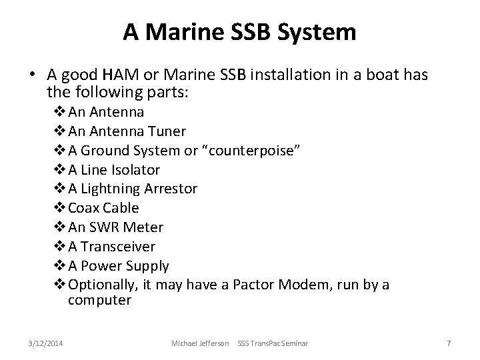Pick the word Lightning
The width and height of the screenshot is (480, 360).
(115, 189)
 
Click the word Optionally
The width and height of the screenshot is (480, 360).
(100, 285)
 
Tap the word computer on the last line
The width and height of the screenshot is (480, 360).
(99, 300)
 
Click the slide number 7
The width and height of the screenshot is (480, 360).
(449, 343)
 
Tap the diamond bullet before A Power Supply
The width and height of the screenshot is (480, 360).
(61, 266)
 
